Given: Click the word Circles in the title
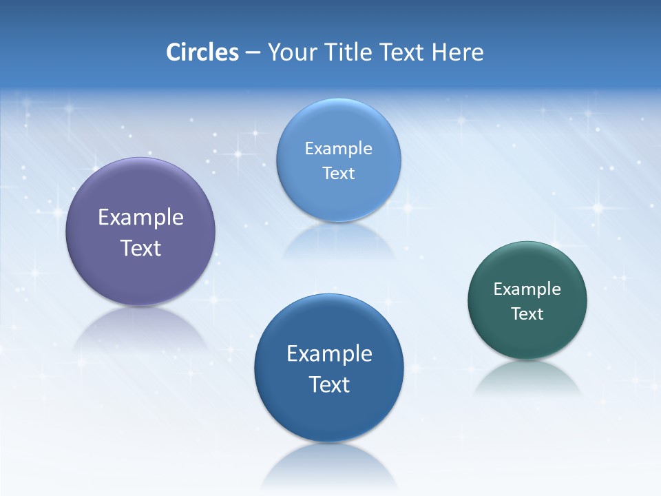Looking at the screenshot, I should pos(202,52).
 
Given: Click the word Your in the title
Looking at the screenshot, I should pos(291,52).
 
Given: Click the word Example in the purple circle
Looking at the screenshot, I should pos(140,218).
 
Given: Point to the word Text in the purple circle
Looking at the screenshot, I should pos(140,248).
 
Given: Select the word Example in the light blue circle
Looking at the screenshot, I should pos(338,149).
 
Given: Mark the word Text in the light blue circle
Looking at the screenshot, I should pos(338,174).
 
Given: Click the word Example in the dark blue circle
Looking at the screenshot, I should pos(329,354).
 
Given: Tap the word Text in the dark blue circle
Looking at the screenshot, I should pos(329,384).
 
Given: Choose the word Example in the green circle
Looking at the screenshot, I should pos(527,289).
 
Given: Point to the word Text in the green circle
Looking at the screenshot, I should pos(527,314).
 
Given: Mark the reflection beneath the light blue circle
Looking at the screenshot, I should pos(338,241).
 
